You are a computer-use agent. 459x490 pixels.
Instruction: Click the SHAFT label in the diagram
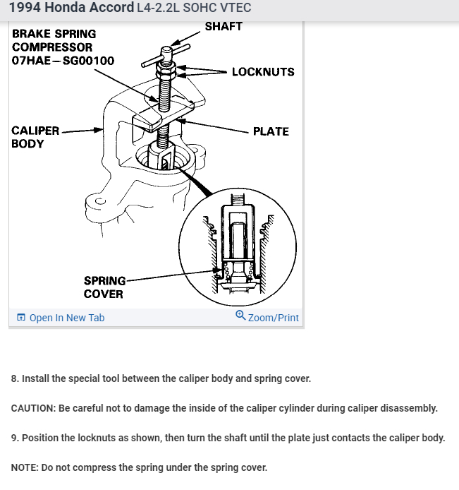tap(224, 27)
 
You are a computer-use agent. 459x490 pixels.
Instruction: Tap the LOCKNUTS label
tap(263, 72)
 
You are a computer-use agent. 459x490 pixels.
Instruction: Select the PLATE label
tap(271, 131)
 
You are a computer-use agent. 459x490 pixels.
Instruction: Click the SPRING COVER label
tap(104, 287)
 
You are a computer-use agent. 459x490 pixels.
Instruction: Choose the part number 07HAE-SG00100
tap(63, 61)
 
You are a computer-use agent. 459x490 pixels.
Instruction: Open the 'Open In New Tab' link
tap(67, 318)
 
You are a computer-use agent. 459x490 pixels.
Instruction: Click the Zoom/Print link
tap(274, 318)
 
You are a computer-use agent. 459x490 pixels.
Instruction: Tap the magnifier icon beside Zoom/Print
tap(240, 316)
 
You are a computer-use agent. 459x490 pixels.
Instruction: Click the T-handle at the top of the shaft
tap(166, 54)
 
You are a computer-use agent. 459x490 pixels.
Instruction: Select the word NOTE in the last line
tap(25, 467)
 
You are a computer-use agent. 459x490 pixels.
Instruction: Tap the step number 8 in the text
tap(14, 378)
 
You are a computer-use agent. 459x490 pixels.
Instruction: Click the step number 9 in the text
tap(14, 438)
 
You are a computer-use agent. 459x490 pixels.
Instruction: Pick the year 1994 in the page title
tap(24, 8)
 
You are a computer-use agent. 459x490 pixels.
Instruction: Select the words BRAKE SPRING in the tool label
tap(54, 34)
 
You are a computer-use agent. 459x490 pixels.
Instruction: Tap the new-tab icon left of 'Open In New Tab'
tap(20, 318)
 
